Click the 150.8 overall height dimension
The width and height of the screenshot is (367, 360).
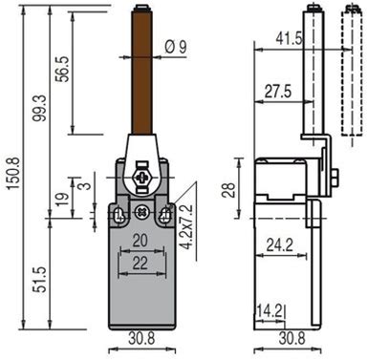point(13,174)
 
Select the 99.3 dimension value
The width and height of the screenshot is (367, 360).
point(40,108)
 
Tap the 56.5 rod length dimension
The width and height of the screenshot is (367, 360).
point(62,70)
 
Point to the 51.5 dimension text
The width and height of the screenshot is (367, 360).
point(40,280)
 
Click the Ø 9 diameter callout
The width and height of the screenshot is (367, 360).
point(176,48)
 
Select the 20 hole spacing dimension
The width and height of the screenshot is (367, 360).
point(140,241)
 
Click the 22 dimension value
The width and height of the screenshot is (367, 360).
point(140,263)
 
